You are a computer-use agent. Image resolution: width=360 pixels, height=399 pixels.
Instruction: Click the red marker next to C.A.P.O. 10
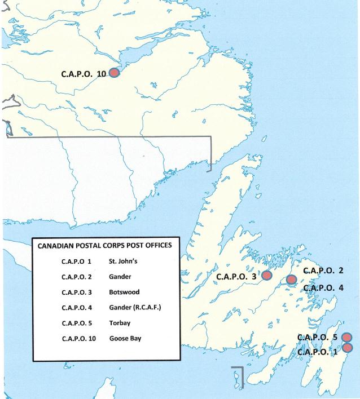pyautogui.click(x=114, y=73)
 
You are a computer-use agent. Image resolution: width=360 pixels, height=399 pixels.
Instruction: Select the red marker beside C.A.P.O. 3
pyautogui.click(x=266, y=276)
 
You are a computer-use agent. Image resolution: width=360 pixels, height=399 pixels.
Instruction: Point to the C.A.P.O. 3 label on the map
pyautogui.click(x=236, y=277)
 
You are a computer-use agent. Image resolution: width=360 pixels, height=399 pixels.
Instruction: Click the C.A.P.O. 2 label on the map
pyautogui.click(x=323, y=271)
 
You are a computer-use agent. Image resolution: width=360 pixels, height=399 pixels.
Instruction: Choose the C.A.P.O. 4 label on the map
pyautogui.click(x=323, y=287)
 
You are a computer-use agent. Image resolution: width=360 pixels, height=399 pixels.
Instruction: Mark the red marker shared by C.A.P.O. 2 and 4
pyautogui.click(x=291, y=280)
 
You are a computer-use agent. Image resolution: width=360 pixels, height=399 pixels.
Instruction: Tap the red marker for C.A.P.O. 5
pyautogui.click(x=347, y=337)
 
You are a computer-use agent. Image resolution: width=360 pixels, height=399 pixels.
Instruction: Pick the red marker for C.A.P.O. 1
pyautogui.click(x=347, y=347)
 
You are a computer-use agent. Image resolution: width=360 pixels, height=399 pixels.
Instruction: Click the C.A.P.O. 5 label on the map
pyautogui.click(x=317, y=337)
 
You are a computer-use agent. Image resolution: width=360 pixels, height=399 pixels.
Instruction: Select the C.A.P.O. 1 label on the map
pyautogui.click(x=317, y=352)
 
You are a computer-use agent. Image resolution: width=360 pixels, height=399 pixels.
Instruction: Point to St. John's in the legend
pyautogui.click(x=123, y=261)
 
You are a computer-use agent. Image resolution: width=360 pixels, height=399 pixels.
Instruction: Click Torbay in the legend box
pyautogui.click(x=120, y=323)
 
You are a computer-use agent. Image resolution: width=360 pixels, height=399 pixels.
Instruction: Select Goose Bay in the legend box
pyautogui.click(x=125, y=338)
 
